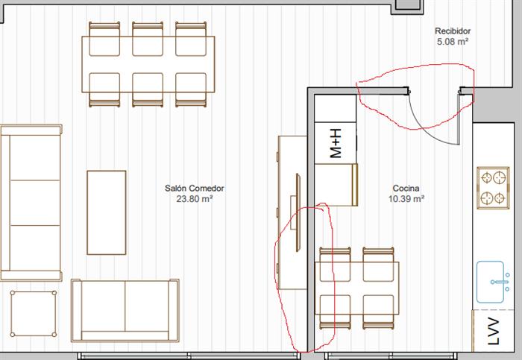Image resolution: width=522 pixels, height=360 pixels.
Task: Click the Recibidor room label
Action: click(x=453, y=31)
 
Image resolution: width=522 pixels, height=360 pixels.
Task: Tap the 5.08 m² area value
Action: click(x=453, y=42)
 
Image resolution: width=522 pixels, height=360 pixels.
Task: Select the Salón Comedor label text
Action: click(x=195, y=189)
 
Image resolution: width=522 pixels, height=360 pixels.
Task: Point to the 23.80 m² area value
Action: click(x=195, y=199)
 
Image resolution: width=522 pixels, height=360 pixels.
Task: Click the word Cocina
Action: click(x=406, y=189)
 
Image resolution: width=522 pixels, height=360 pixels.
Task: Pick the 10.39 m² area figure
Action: click(x=406, y=199)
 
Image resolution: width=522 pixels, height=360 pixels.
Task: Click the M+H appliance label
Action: click(x=336, y=143)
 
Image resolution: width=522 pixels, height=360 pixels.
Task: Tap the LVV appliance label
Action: click(x=493, y=332)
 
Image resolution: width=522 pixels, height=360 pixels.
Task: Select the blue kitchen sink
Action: click(x=493, y=282)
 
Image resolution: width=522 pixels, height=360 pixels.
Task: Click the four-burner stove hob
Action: click(x=493, y=188)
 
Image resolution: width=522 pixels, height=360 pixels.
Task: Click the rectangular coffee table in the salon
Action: click(x=107, y=212)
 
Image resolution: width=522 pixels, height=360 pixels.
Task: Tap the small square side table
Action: click(x=34, y=314)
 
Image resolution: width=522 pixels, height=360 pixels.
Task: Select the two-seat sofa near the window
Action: click(x=125, y=310)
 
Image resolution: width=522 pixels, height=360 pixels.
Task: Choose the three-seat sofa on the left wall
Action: click(x=31, y=203)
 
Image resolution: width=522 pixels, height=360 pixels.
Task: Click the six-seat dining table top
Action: click(x=148, y=64)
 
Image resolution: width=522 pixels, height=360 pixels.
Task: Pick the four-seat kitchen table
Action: click(x=357, y=288)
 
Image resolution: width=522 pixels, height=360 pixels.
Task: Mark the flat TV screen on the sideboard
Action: click(x=298, y=212)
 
